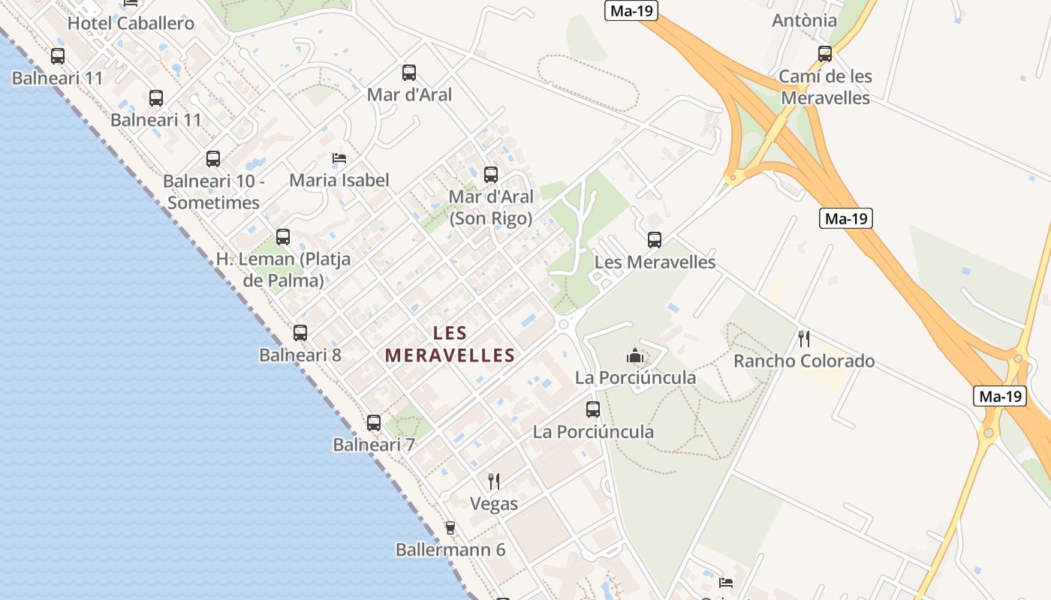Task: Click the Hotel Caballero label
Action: click(x=131, y=23)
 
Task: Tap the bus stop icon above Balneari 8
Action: click(x=300, y=333)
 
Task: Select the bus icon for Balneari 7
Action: click(x=374, y=423)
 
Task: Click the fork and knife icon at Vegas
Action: click(x=494, y=481)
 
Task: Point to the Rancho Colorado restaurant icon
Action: click(x=804, y=339)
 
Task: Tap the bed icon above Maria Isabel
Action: click(x=339, y=158)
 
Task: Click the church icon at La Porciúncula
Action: click(x=636, y=355)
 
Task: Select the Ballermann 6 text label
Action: click(x=450, y=550)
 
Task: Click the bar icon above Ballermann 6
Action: click(x=450, y=528)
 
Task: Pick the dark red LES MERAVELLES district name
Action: click(x=450, y=344)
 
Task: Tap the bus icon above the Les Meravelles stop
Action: click(x=655, y=240)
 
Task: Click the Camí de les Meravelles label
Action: click(x=825, y=87)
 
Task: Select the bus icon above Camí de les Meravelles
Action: click(x=825, y=54)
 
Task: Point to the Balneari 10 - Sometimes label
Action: click(x=214, y=191)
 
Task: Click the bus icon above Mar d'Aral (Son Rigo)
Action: click(x=491, y=175)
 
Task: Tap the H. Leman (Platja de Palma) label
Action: click(x=283, y=270)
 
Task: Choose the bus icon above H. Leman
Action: click(x=283, y=237)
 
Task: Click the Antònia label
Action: click(x=804, y=20)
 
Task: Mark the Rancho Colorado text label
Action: click(x=804, y=361)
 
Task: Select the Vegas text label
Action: click(x=494, y=503)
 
